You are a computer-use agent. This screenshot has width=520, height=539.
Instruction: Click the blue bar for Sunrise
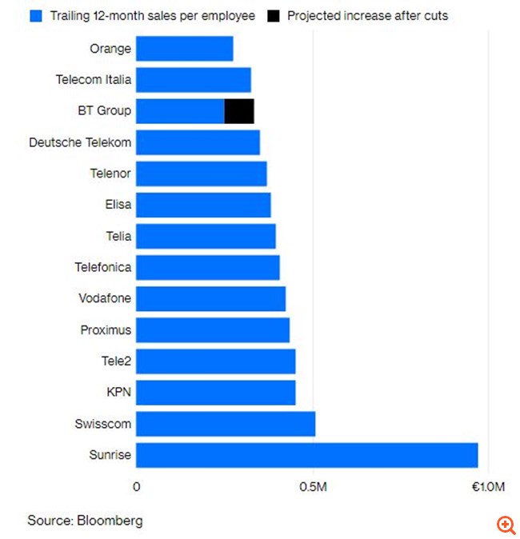coord(306,455)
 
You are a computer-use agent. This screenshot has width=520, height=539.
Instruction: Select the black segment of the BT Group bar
coord(239,111)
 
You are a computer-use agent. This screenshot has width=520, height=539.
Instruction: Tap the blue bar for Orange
coord(184,49)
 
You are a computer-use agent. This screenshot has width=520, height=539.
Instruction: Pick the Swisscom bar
coord(226,424)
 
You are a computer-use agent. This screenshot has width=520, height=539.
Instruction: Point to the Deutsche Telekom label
coord(80,142)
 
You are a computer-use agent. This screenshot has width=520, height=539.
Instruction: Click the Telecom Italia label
coord(94,80)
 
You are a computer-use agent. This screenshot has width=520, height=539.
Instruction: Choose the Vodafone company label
coord(105,299)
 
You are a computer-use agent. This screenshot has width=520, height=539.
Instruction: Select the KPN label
coord(118,393)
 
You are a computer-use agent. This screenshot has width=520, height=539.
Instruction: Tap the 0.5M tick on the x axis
coord(312,487)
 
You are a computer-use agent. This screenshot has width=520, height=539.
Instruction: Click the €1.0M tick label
coord(488,487)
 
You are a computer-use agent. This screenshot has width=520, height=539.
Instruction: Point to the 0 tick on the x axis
coord(137,487)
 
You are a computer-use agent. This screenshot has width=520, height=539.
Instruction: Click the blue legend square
coord(35,16)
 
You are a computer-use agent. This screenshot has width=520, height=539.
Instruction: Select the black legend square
coord(274,16)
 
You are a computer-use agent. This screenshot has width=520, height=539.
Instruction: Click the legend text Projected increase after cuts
coord(368,16)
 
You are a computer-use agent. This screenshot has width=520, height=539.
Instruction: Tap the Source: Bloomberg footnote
coord(85,521)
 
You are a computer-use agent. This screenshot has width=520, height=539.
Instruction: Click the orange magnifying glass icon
coord(506,525)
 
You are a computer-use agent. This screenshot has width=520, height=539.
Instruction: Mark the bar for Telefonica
coord(208,267)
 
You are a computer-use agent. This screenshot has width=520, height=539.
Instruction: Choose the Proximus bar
coord(213,330)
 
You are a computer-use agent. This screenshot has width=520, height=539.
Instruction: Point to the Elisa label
coord(118,205)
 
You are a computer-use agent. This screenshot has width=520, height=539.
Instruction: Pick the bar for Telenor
coord(202,174)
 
